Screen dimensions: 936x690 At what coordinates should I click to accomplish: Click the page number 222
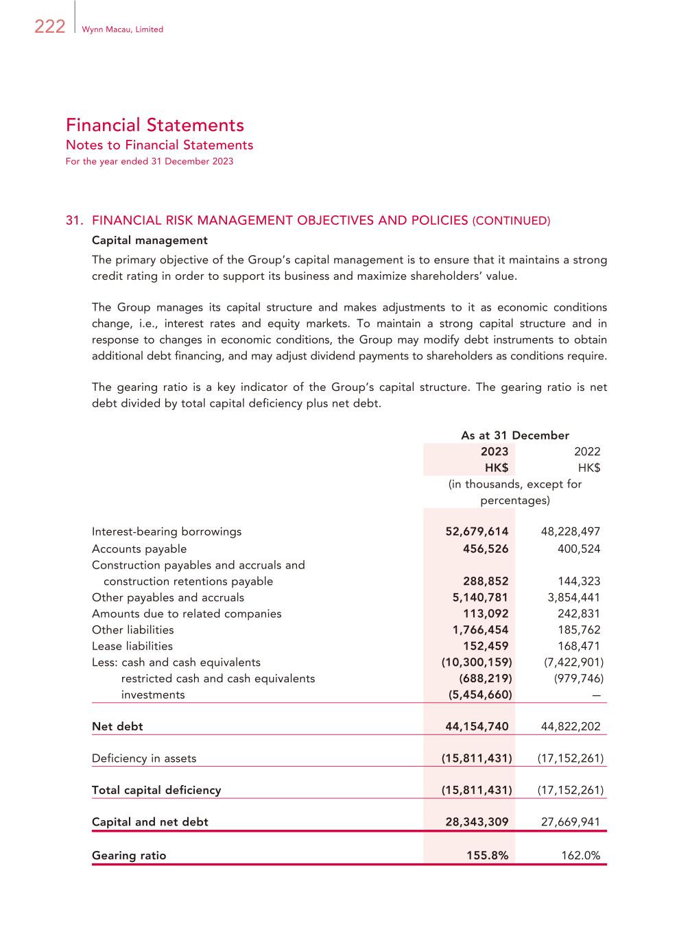tap(49, 27)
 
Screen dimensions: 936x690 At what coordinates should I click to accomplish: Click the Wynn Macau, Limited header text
tap(122, 29)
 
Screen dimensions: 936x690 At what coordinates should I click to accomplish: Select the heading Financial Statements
tap(155, 125)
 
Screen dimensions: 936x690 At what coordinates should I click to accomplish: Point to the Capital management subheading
tap(150, 240)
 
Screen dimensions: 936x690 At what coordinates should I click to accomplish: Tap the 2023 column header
tap(495, 451)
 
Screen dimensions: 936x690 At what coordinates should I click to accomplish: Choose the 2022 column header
tap(586, 451)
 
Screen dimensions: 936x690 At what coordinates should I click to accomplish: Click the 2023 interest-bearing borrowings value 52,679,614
tap(477, 531)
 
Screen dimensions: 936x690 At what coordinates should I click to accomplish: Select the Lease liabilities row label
tap(132, 646)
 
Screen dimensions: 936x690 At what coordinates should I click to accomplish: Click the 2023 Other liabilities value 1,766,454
tap(480, 629)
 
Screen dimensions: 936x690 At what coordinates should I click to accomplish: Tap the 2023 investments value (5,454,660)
tap(476, 695)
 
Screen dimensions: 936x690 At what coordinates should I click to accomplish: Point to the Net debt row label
tap(117, 726)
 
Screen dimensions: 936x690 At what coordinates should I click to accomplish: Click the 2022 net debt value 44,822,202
tap(570, 726)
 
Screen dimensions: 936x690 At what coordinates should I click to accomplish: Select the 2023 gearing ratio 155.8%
tap(487, 855)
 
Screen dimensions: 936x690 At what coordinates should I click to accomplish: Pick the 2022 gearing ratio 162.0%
tap(580, 855)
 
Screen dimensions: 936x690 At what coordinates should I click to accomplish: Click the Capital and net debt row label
tap(150, 821)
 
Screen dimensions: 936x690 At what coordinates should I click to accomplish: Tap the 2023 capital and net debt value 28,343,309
tap(477, 821)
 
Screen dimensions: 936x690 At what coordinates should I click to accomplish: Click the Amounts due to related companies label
tap(187, 614)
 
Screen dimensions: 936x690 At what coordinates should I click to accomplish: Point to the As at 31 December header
tap(514, 435)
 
